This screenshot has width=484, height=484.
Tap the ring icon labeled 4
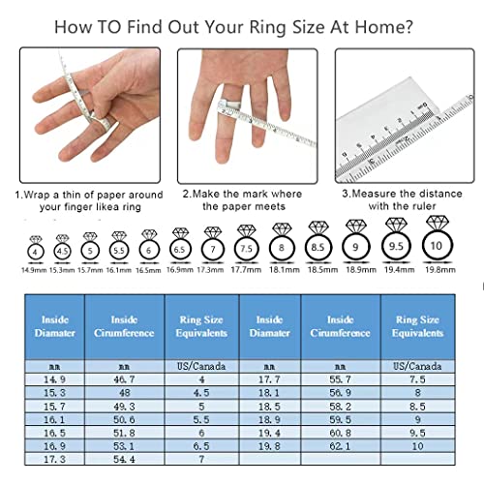36,251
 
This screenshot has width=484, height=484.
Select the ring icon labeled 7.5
246,248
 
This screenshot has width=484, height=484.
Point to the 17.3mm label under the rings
211,271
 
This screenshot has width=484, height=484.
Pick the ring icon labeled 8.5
318,247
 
